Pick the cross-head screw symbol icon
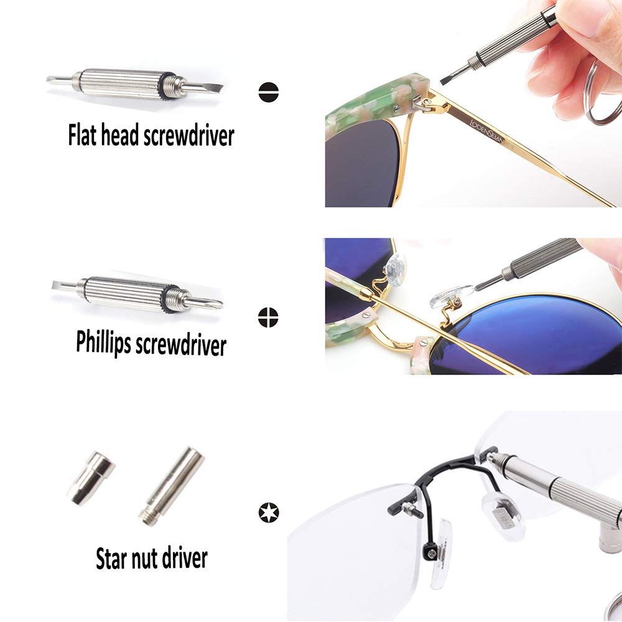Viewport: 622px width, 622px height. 268,317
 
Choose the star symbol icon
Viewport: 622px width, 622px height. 269,513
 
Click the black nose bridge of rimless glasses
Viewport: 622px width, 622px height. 448,473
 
